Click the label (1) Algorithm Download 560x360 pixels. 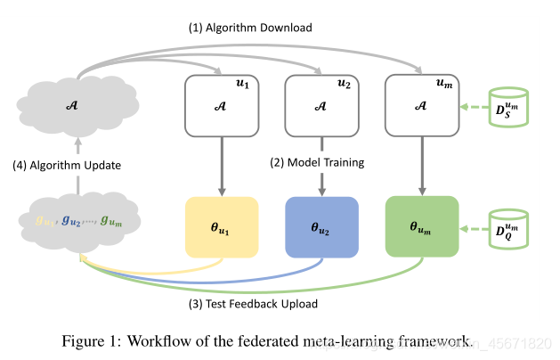pyautogui.click(x=250, y=28)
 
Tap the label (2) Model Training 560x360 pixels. pyautogui.click(x=317, y=163)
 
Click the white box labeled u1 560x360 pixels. pyautogui.click(x=220, y=105)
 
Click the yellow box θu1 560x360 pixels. pyautogui.click(x=220, y=228)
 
